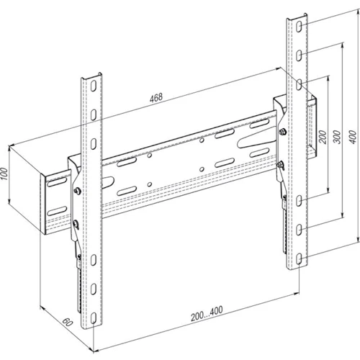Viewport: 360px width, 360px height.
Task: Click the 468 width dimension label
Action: [156, 97]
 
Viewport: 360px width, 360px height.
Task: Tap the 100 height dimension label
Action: [4, 174]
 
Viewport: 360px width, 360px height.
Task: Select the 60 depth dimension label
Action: [68, 322]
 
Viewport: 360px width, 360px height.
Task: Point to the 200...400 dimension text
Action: [207, 313]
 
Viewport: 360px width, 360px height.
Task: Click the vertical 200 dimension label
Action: [323, 137]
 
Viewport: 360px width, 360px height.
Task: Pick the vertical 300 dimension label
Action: [337, 137]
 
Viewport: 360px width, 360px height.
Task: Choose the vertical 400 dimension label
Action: [353, 137]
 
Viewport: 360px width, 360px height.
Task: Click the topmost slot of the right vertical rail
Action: [299, 27]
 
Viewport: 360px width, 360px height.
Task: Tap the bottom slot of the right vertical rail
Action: [299, 258]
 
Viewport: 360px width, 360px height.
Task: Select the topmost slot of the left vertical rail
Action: [94, 86]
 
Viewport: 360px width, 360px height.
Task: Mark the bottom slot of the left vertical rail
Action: [94, 318]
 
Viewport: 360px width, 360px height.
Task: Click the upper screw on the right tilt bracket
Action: [282, 131]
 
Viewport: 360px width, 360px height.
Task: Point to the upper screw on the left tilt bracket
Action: [78, 191]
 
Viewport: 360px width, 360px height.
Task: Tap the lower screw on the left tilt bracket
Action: [76, 224]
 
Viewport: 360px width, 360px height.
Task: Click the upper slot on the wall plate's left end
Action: [57, 181]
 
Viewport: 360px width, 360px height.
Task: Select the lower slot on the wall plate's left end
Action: [57, 210]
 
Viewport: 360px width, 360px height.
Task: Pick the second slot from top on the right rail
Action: [299, 55]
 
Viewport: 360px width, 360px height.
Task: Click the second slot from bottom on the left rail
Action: [94, 289]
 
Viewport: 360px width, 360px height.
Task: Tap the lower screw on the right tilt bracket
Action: [280, 165]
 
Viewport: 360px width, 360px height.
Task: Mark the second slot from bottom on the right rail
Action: [299, 230]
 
